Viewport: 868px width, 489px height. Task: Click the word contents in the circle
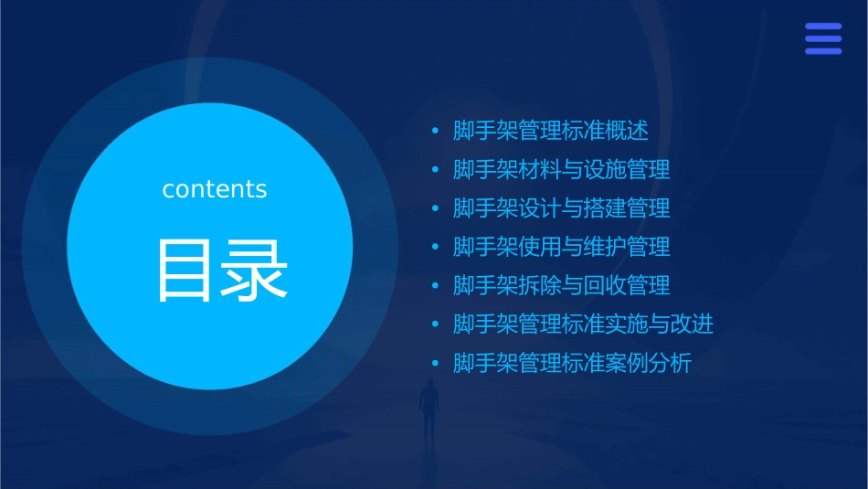click(215, 189)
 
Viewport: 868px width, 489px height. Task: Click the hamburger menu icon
click(823, 38)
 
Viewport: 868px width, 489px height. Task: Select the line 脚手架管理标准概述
click(551, 131)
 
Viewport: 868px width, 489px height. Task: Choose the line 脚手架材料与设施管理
click(562, 170)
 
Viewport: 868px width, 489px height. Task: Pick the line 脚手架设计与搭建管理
click(562, 208)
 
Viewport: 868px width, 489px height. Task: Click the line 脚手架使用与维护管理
click(562, 247)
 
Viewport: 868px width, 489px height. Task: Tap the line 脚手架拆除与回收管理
click(562, 285)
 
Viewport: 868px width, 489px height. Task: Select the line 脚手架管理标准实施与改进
click(583, 324)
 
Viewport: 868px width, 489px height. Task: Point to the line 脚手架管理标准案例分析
click(573, 363)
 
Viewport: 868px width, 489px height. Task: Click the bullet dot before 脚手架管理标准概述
click(436, 132)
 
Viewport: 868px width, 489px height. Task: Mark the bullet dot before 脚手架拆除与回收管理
click(436, 286)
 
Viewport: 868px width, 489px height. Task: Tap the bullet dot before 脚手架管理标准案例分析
click(436, 364)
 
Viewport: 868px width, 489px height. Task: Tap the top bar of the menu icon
click(823, 27)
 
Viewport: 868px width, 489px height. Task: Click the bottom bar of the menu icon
click(823, 51)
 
